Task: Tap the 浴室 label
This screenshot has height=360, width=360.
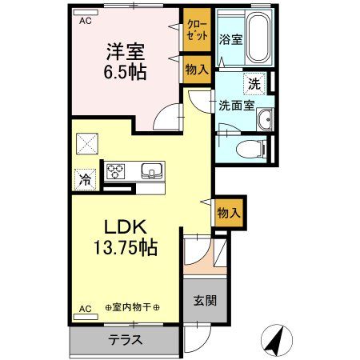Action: tap(231, 38)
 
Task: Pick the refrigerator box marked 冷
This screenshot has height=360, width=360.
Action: tap(85, 180)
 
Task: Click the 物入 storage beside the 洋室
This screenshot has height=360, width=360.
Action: tap(196, 70)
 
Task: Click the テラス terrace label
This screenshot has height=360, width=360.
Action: tap(126, 340)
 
